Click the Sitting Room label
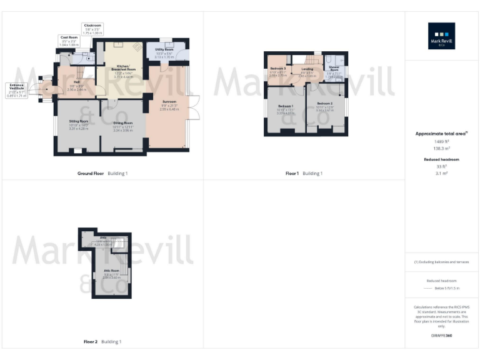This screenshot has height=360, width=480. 78,123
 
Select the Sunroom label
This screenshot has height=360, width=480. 169,101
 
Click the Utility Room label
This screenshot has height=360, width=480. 164,49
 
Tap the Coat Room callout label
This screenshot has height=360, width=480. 69,37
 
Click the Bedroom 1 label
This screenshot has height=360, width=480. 286,106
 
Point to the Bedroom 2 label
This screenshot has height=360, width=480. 324,102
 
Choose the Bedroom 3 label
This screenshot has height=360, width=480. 278,68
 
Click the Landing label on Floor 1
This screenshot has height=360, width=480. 307,69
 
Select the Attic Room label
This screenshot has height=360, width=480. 111,271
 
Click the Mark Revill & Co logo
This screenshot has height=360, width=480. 441,36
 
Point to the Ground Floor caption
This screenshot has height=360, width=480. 91,173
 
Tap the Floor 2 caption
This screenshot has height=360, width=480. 91,342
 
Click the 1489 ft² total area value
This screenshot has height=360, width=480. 441,141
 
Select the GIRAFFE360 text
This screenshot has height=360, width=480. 441,336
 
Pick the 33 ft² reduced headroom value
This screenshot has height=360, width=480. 441,167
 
